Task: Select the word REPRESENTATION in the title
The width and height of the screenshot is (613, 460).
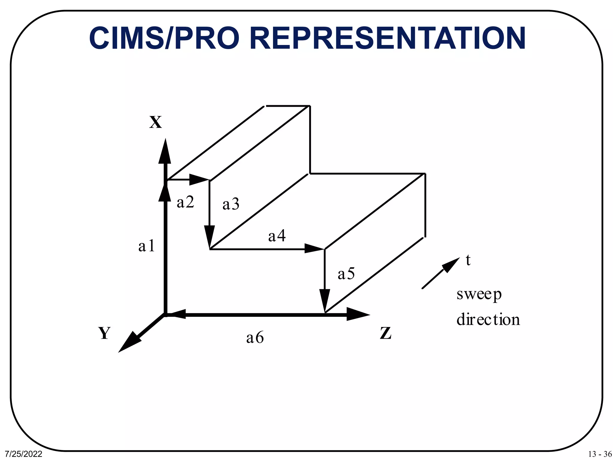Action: click(x=387, y=38)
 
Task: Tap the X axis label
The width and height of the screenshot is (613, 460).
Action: click(x=156, y=122)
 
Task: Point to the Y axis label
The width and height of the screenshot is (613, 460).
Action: click(x=104, y=333)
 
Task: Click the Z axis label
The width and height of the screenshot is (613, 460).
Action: click(x=386, y=333)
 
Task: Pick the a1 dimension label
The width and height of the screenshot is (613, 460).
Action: click(x=147, y=246)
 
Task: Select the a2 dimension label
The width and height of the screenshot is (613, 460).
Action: click(x=186, y=202)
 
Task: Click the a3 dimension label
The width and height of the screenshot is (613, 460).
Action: click(x=231, y=204)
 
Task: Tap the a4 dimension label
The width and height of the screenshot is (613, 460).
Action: click(x=277, y=236)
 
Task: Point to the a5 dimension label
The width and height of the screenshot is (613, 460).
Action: click(x=346, y=274)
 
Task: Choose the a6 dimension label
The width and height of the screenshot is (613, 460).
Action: click(x=255, y=338)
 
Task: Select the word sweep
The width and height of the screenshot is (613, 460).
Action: click(x=479, y=294)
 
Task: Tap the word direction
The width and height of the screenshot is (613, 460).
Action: click(x=488, y=319)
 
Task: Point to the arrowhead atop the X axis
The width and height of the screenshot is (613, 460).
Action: click(x=165, y=152)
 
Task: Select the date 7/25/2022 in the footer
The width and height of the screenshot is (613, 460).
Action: click(x=24, y=454)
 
